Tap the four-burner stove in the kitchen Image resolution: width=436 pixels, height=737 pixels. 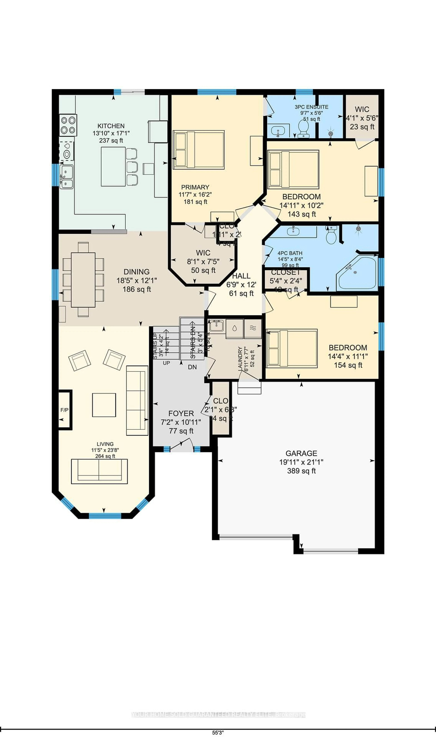click(68, 125)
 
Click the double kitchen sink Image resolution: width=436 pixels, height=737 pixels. click(66, 176)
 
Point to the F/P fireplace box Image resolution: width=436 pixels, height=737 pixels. click(65, 410)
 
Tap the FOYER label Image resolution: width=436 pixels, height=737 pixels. click(181, 413)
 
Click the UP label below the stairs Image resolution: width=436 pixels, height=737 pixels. click(166, 363)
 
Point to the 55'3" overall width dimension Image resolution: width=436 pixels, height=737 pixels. click(218, 733)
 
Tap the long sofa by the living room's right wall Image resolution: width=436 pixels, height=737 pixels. click(137, 400)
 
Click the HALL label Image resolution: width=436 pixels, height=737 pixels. click(241, 276)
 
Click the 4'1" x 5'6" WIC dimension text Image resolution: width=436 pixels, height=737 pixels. click(362, 118)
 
